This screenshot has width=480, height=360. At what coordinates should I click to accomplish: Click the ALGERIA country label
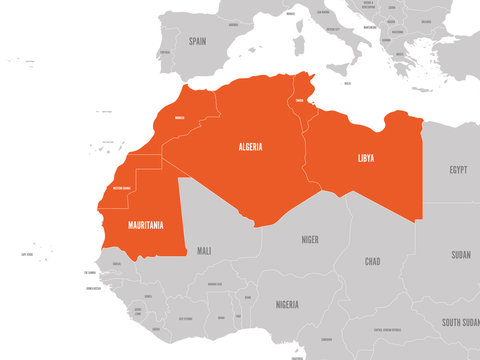pyautogui.click(x=251, y=147)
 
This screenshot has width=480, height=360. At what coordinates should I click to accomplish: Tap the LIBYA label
pyautogui.click(x=367, y=158)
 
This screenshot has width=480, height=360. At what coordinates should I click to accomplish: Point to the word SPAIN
pyautogui.click(x=197, y=41)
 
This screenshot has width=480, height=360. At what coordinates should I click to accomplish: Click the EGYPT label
pyautogui.click(x=458, y=169)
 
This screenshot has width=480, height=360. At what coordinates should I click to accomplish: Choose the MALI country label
pyautogui.click(x=205, y=250)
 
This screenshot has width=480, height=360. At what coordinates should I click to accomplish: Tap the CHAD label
pyautogui.click(x=372, y=262)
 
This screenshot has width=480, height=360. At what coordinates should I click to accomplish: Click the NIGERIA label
pyautogui.click(x=288, y=303)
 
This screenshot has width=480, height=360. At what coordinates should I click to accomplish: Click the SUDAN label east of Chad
pyautogui.click(x=461, y=254)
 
